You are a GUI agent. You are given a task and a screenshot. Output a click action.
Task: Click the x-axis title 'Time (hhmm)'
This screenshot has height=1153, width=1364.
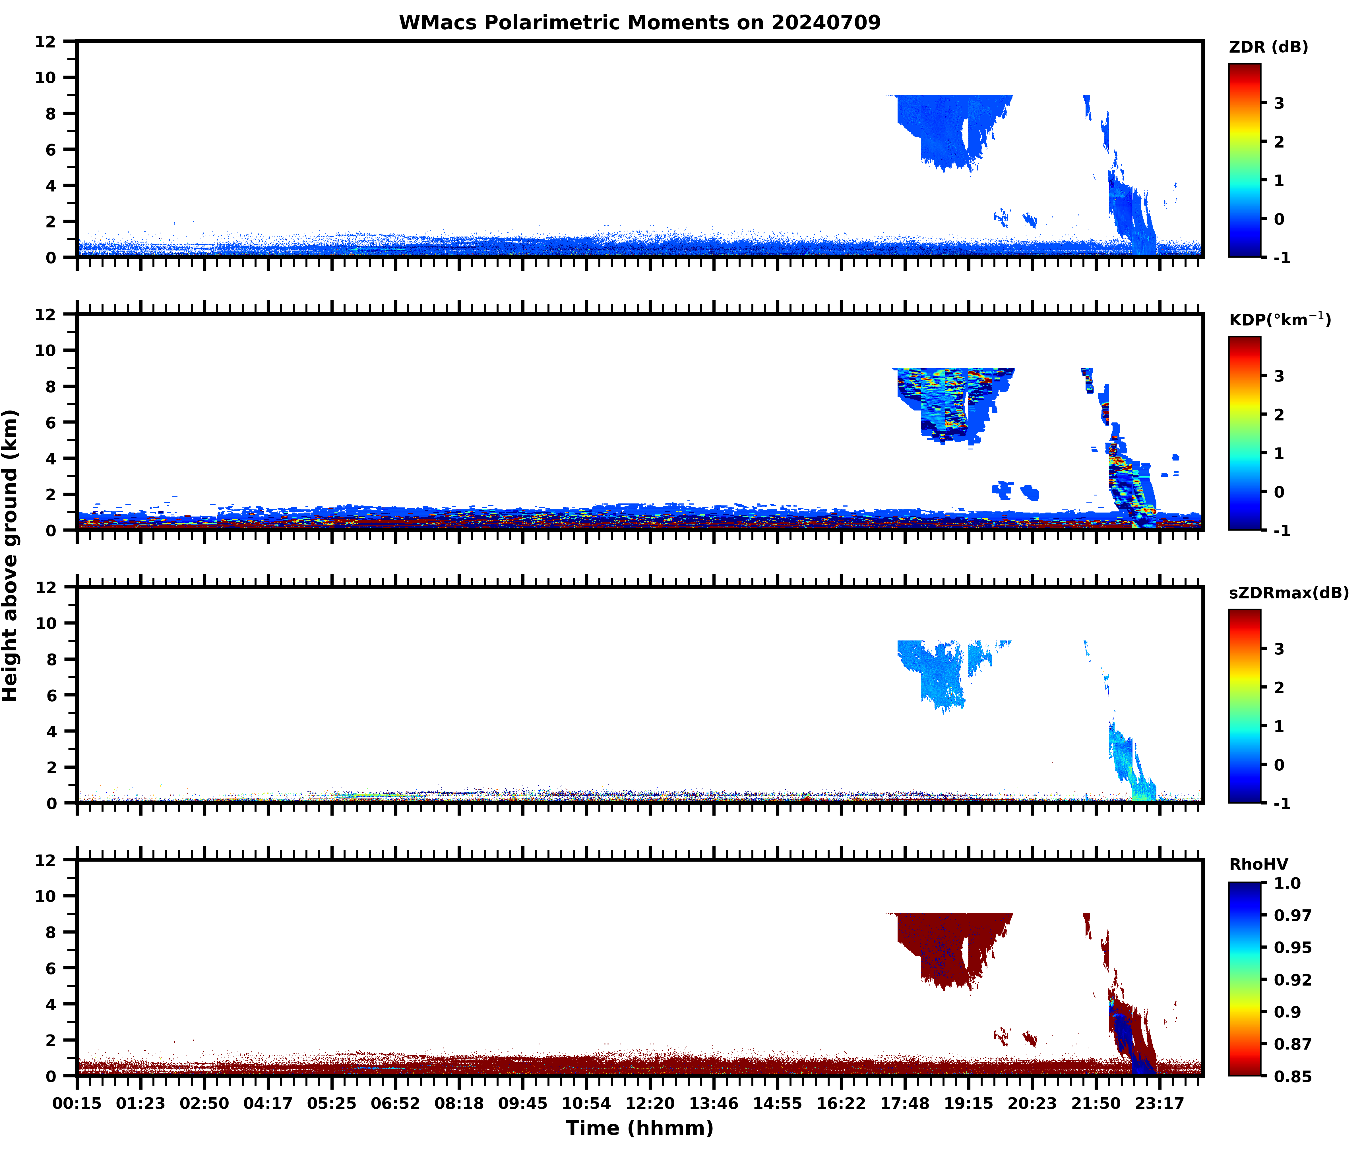pyautogui.click(x=640, y=1127)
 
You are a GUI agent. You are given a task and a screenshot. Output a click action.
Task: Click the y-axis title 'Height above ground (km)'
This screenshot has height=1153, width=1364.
pyautogui.click(x=11, y=555)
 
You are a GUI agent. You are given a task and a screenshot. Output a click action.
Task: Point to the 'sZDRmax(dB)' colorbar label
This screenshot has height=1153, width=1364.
pyautogui.click(x=1288, y=593)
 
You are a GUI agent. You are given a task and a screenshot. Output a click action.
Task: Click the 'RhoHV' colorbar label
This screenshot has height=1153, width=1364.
pyautogui.click(x=1258, y=864)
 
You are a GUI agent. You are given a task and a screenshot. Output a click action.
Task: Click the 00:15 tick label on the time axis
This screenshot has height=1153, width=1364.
pyautogui.click(x=77, y=1103)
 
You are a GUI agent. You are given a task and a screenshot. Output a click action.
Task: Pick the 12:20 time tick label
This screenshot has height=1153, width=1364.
pyautogui.click(x=650, y=1103)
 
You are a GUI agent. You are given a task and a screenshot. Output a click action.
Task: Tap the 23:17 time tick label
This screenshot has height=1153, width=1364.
pyautogui.click(x=1159, y=1103)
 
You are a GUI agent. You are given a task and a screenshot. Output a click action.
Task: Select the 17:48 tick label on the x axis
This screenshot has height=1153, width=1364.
pyautogui.click(x=904, y=1103)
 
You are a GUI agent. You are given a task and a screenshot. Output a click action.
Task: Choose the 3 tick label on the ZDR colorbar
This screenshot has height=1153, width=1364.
pyautogui.click(x=1279, y=103)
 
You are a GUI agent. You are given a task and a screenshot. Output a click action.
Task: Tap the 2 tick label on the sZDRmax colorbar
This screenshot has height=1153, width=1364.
pyautogui.click(x=1279, y=687)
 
